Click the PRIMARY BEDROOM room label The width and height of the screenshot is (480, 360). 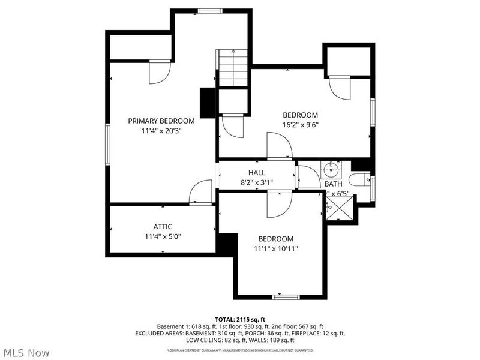click(x=161, y=121)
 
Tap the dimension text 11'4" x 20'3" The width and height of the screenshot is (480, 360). click(x=161, y=130)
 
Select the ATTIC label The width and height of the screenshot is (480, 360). click(x=163, y=226)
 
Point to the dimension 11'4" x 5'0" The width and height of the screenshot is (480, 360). click(x=163, y=236)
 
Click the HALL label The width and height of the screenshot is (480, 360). click(x=257, y=173)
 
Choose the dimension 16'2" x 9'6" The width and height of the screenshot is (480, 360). click(x=301, y=125)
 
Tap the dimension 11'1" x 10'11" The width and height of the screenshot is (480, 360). click(x=276, y=248)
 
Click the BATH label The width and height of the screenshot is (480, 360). click(x=333, y=184)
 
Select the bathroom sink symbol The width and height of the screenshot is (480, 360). click(x=331, y=169)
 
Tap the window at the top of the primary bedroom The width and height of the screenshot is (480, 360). click(x=211, y=10)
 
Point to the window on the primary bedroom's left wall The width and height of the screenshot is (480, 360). click(x=108, y=145)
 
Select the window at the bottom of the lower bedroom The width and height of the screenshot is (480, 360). click(x=286, y=296)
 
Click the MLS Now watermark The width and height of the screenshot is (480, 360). click(x=26, y=353)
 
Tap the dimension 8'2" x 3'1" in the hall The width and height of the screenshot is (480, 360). click(x=257, y=182)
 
